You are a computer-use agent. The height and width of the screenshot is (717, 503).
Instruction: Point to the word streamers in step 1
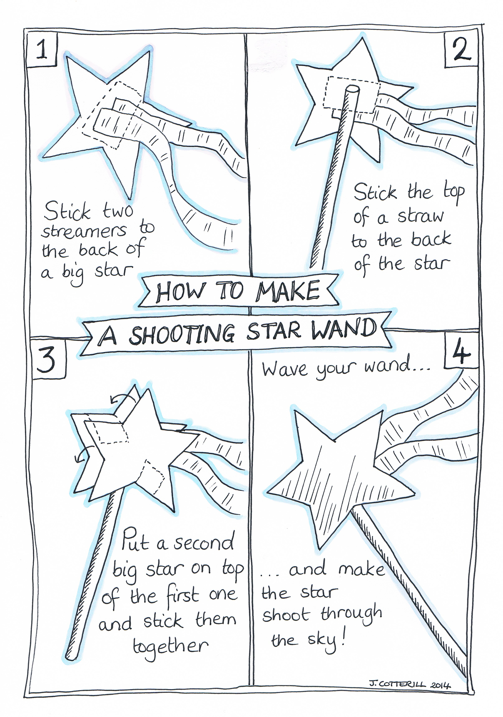point(84,231)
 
